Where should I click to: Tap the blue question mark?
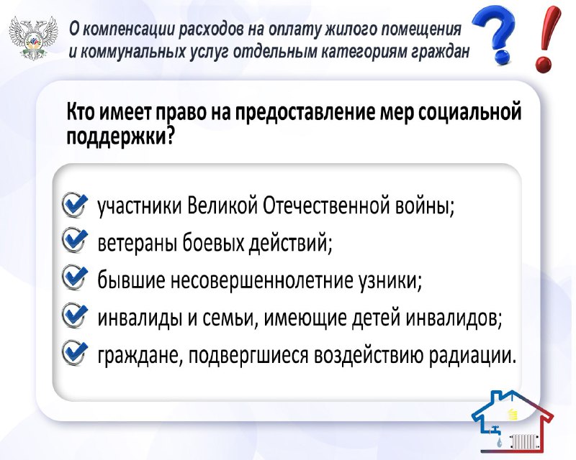493,36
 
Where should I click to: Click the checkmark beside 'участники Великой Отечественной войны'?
76,204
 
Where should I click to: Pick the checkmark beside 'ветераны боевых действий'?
76,240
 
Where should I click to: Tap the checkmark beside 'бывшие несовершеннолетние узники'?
76,277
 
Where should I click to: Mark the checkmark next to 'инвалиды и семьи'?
76,315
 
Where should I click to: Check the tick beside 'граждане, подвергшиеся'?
76,353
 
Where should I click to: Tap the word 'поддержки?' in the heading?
120,137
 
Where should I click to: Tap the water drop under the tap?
498,443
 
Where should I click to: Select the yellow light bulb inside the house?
512,415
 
